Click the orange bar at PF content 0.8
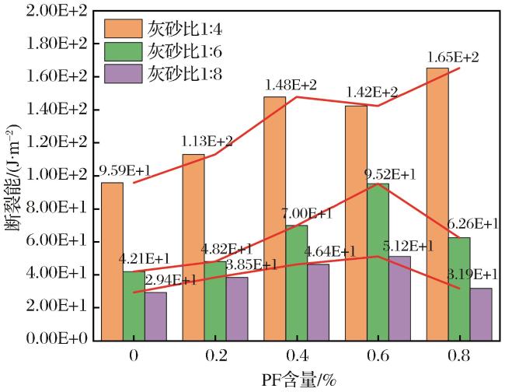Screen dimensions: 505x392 (437, 204)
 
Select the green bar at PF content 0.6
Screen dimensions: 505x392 (378, 262)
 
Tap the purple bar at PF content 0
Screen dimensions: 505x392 (155, 317)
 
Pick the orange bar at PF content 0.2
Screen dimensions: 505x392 (193, 247)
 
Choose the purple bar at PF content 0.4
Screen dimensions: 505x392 (319, 303)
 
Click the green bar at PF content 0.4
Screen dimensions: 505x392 (297, 282)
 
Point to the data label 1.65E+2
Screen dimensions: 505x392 (453, 58)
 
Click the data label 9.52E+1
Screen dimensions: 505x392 (390, 174)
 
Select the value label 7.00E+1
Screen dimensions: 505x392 (307, 213)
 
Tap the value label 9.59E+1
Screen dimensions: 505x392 (124, 170)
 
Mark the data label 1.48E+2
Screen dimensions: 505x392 (291, 85)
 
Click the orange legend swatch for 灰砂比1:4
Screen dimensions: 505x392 (123, 28)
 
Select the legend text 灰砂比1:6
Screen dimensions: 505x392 (185, 51)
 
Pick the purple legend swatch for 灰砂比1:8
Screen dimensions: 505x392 (123, 74)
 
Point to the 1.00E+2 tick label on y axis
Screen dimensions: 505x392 (57, 175)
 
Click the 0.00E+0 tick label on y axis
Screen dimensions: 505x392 (57, 339)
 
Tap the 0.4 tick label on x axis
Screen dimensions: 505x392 (297, 356)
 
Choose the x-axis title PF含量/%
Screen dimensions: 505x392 (298, 380)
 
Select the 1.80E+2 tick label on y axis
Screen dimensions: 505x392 (57, 44)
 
